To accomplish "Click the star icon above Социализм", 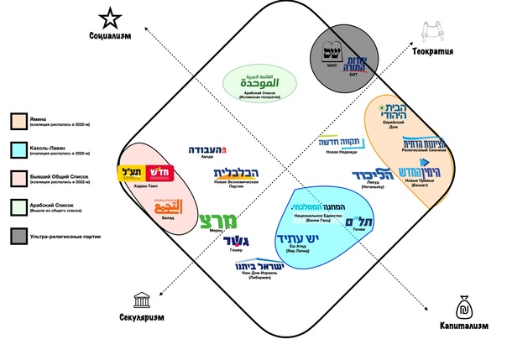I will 109,16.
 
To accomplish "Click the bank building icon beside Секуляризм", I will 141,300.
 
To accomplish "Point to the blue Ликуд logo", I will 368,175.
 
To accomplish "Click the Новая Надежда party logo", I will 338,143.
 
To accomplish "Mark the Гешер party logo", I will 238,243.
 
